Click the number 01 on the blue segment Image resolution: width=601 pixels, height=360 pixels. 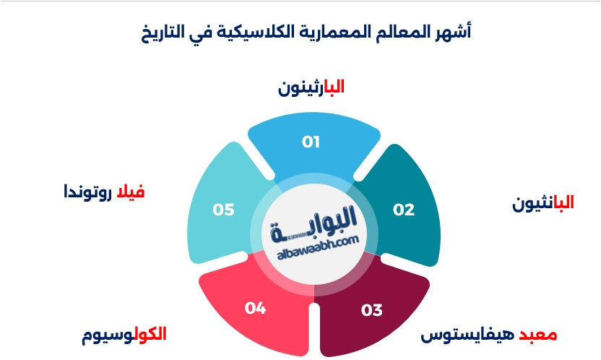click(311, 141)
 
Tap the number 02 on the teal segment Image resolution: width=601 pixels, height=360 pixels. click(404, 210)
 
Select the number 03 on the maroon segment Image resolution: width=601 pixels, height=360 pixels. click(371, 311)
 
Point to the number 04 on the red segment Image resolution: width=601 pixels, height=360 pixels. click(255, 309)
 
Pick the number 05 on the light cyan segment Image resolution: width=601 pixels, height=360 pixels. click(223, 210)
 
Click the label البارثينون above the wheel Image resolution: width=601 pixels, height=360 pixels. click(311, 87)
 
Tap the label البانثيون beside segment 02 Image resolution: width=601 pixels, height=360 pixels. click(543, 203)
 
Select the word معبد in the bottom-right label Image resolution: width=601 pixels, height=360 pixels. click(538, 335)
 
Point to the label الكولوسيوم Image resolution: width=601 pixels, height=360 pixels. click(124, 334)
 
